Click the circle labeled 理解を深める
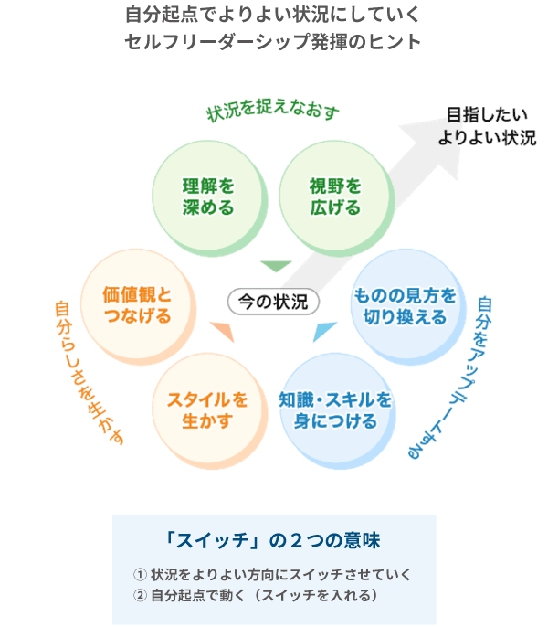(207, 197)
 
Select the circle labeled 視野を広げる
(334, 197)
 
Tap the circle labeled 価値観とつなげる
(137, 305)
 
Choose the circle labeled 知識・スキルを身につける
(335, 410)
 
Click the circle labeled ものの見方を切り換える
(405, 305)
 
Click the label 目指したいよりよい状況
(485, 127)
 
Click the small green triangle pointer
(274, 267)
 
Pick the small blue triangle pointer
(322, 332)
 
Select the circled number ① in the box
(140, 574)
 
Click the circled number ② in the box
(140, 595)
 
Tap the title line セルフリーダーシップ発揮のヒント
(274, 42)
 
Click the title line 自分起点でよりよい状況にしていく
(274, 16)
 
